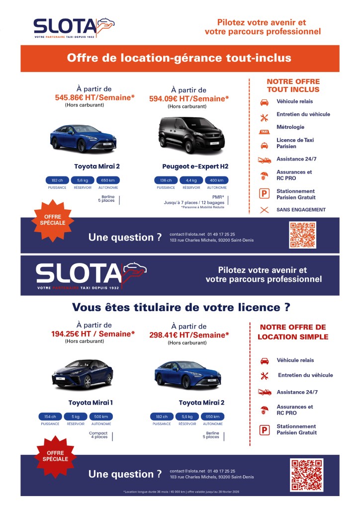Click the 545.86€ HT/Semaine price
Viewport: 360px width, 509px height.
[95, 98]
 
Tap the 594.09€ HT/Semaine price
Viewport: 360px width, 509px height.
[189, 98]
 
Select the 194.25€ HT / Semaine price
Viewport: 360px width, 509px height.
[93, 334]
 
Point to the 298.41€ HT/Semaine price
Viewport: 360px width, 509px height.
[189, 335]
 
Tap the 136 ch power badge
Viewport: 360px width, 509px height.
[166, 180]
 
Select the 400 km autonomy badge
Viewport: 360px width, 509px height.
[216, 180]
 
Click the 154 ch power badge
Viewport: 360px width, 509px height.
[50, 417]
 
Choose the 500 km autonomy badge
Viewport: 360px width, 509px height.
[101, 417]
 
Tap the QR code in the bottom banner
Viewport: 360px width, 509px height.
[306, 475]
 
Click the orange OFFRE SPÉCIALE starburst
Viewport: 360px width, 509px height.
[52, 220]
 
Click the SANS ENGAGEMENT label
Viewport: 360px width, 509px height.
[301, 210]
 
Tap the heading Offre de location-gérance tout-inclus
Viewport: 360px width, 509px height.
[179, 58]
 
